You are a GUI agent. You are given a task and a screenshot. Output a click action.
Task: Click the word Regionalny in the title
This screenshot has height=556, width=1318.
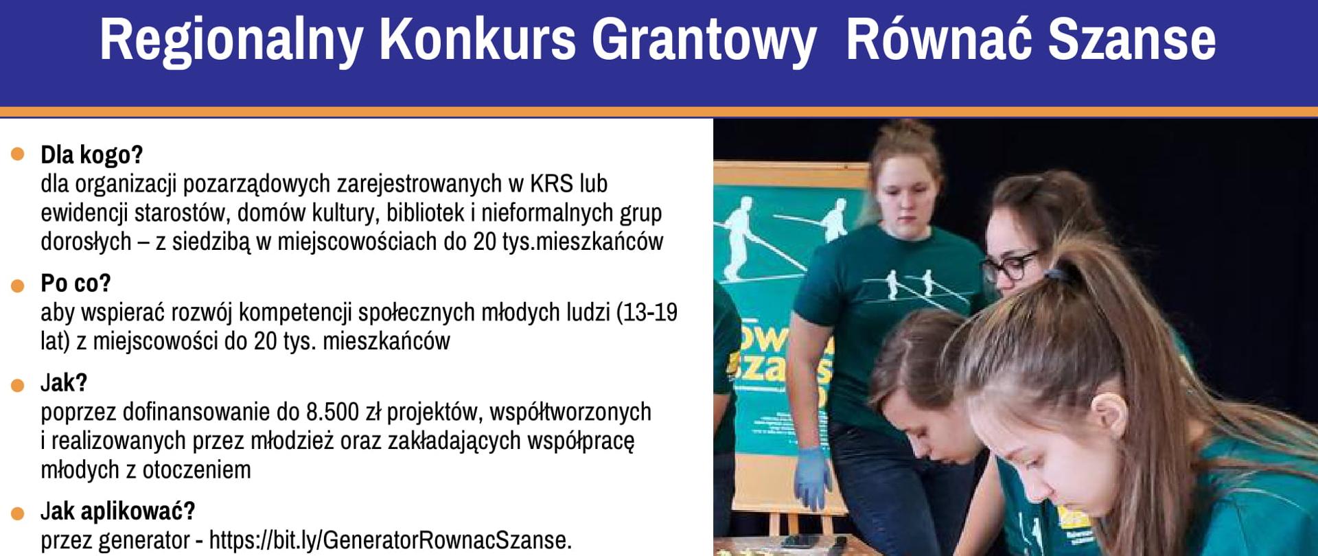(x=231, y=40)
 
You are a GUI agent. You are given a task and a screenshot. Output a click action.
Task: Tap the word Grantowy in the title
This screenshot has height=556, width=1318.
(x=704, y=40)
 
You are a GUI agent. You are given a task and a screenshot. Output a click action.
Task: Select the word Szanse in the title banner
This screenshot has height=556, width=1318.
(x=1132, y=40)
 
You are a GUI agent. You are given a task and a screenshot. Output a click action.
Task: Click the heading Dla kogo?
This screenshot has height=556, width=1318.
(x=91, y=155)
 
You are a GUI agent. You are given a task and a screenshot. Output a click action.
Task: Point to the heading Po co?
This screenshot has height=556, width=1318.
(x=76, y=283)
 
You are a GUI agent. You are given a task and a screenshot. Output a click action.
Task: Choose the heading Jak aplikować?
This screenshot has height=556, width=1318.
(x=117, y=511)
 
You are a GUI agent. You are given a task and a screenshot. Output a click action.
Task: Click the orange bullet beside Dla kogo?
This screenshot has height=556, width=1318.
(x=18, y=154)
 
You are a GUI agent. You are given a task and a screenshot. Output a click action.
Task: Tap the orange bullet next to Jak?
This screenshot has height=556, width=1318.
(x=18, y=386)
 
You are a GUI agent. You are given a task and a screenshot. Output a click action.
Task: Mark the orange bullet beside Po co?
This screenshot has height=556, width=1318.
(x=18, y=286)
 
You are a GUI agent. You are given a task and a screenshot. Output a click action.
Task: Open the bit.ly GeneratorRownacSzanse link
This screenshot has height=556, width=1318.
(x=390, y=540)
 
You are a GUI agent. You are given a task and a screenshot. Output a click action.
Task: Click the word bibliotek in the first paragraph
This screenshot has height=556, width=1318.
(x=425, y=213)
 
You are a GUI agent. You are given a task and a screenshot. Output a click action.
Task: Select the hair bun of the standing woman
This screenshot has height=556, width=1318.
(x=904, y=131)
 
